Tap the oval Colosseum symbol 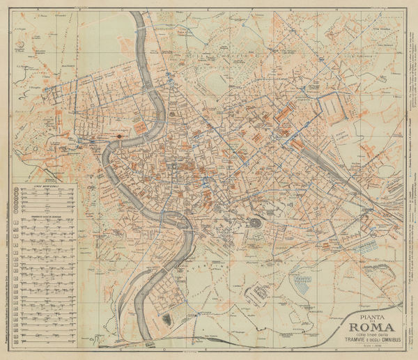tap(256, 223)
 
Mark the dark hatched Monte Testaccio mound tap(167, 320)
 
